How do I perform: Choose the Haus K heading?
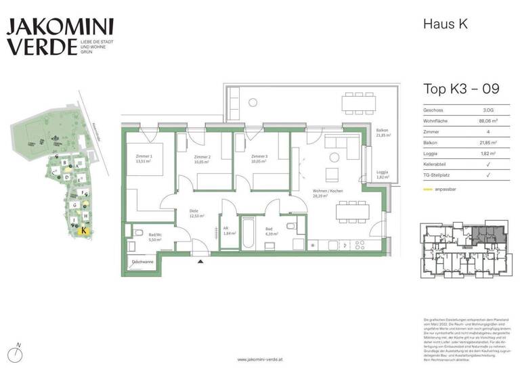445,24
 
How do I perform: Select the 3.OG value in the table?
487,110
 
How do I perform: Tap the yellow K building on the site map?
83,230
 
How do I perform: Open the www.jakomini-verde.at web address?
260,360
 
